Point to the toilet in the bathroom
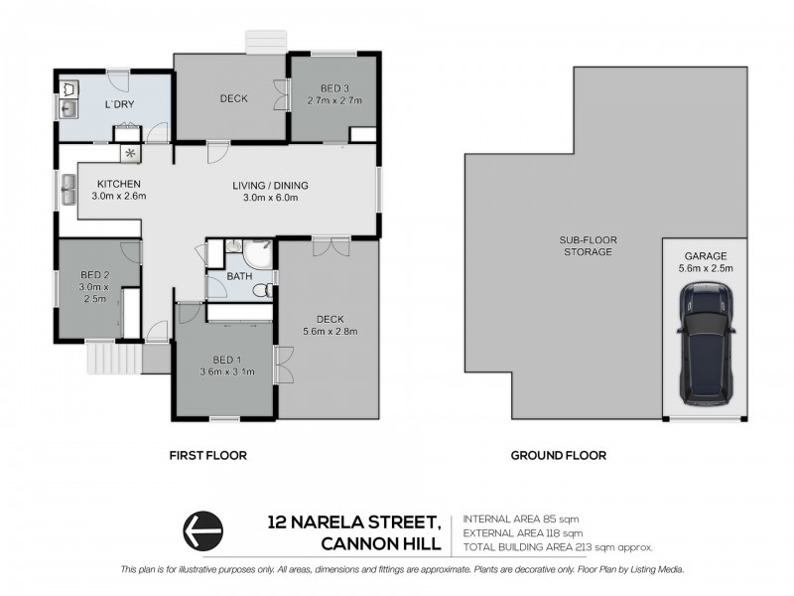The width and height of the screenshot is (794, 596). click(x=263, y=291)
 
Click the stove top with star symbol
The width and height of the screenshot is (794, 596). click(x=130, y=154)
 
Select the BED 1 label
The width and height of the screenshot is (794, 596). click(x=225, y=359)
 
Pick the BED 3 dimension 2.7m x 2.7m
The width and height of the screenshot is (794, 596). click(x=333, y=101)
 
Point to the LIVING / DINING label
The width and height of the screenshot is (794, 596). click(x=271, y=185)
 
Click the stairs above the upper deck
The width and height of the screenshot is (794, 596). click(x=265, y=42)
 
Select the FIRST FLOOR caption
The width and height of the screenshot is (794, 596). click(x=207, y=456)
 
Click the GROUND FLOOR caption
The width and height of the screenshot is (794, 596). click(x=558, y=456)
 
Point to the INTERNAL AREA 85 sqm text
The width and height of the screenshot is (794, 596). click(x=521, y=520)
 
